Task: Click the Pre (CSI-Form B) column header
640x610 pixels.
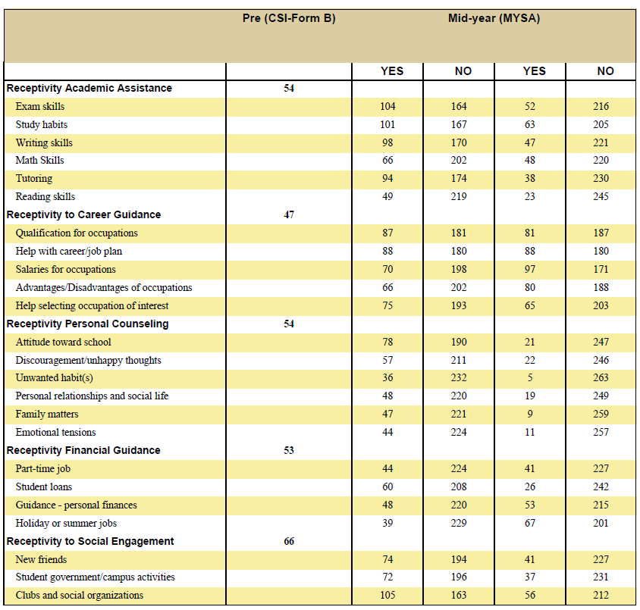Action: pos(289,18)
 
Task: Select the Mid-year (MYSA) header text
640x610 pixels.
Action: pos(494,18)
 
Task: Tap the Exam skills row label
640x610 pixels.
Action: pos(40,106)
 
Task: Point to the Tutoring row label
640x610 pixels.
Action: pos(34,179)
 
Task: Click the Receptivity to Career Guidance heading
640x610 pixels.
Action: pos(83,214)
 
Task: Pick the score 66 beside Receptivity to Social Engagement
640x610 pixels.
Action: pos(289,541)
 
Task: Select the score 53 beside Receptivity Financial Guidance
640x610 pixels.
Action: pos(289,450)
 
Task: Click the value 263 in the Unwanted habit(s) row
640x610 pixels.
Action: pos(601,377)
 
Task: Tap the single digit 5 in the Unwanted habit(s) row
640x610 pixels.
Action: pos(530,377)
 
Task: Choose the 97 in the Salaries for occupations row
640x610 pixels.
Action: pos(530,269)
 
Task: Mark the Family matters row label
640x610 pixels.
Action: pos(47,414)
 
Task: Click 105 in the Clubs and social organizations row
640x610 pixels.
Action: pos(387,595)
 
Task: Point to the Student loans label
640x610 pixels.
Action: pos(44,486)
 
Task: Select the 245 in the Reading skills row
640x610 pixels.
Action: pos(601,196)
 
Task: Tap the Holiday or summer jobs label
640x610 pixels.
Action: pos(66,523)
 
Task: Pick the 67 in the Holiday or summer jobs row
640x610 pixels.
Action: pos(530,523)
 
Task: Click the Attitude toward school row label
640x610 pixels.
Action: pos(63,342)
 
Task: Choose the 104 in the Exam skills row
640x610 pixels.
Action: pos(387,106)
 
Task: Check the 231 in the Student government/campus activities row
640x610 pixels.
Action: pos(601,577)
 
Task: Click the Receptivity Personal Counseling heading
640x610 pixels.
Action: pos(87,324)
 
